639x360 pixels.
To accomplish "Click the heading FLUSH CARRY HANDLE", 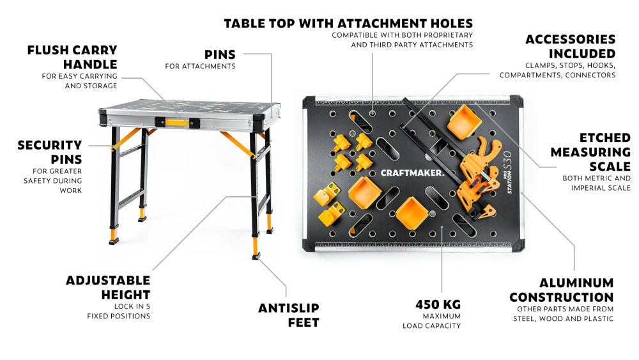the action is (73, 57).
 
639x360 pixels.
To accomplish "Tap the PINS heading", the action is (220, 54).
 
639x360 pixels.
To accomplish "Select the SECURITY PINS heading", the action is (50, 152).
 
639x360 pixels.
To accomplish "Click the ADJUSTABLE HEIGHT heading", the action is (108, 288).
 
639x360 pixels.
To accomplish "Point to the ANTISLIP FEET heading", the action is (289, 315).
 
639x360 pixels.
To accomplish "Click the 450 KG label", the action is (438, 304).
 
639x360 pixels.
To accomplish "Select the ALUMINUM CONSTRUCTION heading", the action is (562, 290).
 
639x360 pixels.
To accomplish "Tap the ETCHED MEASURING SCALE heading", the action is (590, 152).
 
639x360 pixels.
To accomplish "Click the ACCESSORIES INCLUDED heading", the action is (571, 47).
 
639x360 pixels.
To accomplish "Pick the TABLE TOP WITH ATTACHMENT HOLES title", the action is (348, 23).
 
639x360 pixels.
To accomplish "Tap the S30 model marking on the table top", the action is (507, 160).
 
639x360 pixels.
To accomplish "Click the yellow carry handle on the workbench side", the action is (177, 122).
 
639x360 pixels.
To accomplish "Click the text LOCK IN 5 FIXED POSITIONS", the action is (119, 311).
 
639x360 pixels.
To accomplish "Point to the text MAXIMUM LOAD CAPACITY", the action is (431, 321).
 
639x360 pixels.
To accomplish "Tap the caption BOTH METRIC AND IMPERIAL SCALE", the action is (597, 183).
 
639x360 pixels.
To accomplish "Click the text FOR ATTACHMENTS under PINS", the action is (200, 66).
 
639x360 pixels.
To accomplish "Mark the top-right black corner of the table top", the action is (516, 101).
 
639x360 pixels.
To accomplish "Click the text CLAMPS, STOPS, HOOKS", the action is (570, 65).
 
